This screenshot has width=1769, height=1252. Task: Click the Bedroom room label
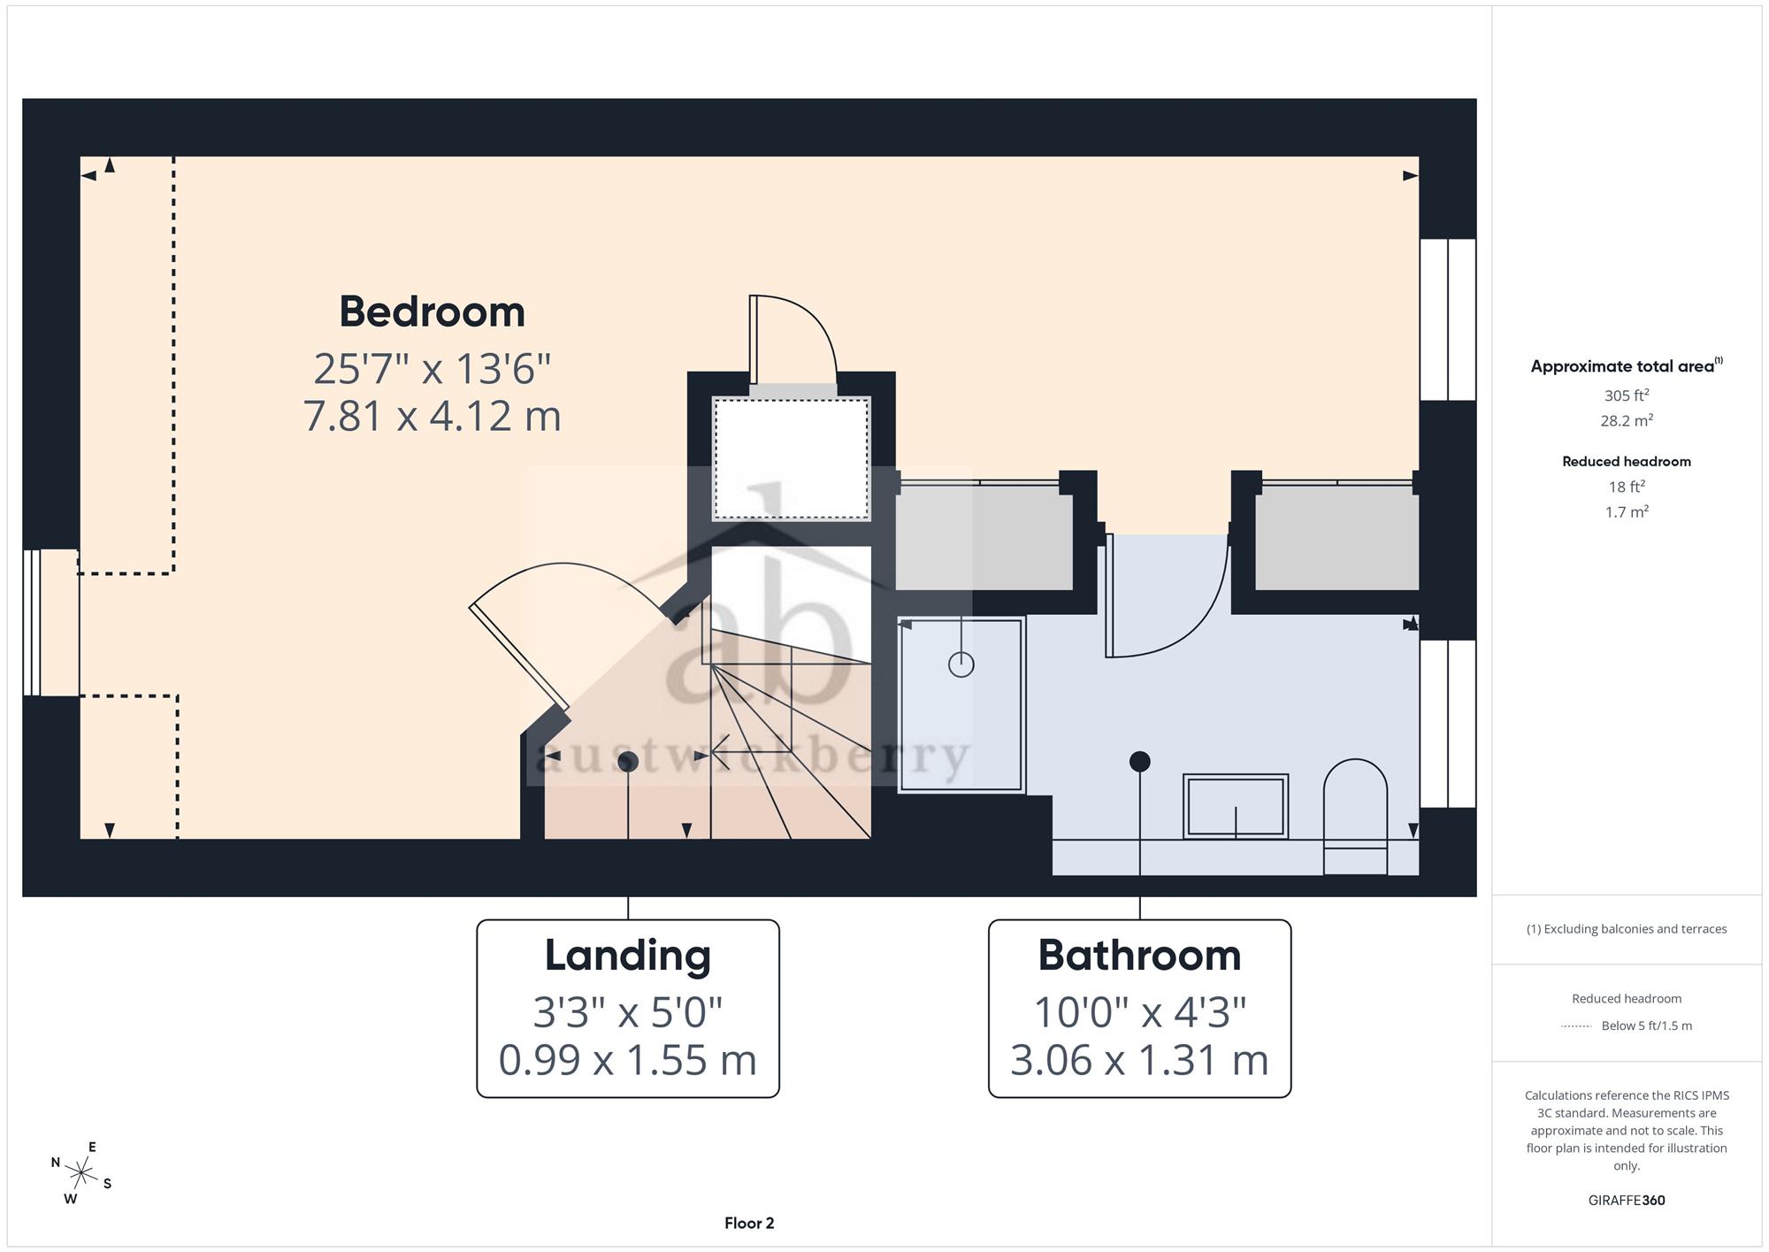click(432, 312)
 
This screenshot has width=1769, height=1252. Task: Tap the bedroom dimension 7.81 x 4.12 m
click(432, 416)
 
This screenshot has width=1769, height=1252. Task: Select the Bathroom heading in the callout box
click(1139, 956)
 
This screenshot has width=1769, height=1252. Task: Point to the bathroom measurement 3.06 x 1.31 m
click(1139, 1060)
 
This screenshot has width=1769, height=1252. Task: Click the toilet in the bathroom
click(1355, 817)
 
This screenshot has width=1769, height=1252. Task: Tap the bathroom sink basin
click(1236, 806)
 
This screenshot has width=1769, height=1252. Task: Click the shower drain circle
click(961, 664)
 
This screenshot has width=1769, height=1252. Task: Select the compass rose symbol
click(80, 1174)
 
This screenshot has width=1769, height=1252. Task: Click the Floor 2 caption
click(749, 1224)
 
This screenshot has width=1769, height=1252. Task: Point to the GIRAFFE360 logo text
click(1627, 1201)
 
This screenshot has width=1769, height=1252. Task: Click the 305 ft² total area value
click(1627, 396)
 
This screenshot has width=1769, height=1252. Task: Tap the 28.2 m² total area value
click(1627, 420)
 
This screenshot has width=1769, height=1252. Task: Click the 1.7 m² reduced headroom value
click(1627, 511)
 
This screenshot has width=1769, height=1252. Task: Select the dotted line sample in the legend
click(1576, 1026)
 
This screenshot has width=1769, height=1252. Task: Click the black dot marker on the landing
click(628, 762)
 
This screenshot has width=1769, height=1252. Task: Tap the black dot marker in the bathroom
click(1140, 761)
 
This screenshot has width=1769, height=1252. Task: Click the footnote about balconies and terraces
click(1627, 929)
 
